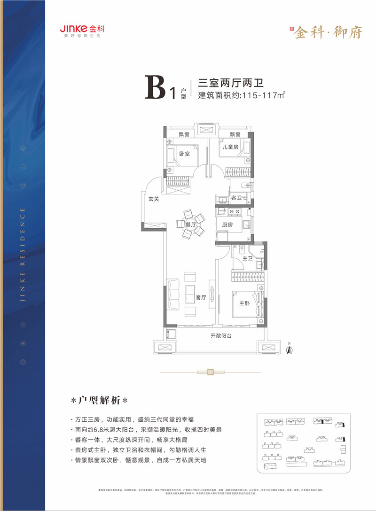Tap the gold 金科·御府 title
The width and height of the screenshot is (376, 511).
click(328, 31)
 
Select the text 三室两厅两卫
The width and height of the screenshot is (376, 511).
click(230, 83)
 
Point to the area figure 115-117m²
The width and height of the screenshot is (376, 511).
click(263, 96)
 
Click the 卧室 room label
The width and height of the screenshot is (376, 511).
click(184, 154)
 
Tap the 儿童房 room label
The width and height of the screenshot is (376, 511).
click(229, 147)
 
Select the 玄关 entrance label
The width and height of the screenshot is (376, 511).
click(154, 199)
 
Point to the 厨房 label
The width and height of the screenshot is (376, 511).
click(227, 225)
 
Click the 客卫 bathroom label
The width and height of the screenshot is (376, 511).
click(236, 198)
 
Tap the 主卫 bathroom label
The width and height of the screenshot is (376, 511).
click(248, 259)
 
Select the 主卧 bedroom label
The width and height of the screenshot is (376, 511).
click(244, 303)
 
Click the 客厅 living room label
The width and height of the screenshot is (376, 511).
click(201, 297)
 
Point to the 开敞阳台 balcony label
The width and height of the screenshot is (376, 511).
click(221, 336)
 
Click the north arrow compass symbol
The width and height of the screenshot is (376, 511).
click(290, 348)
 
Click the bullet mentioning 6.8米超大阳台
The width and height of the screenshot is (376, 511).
click(141, 429)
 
